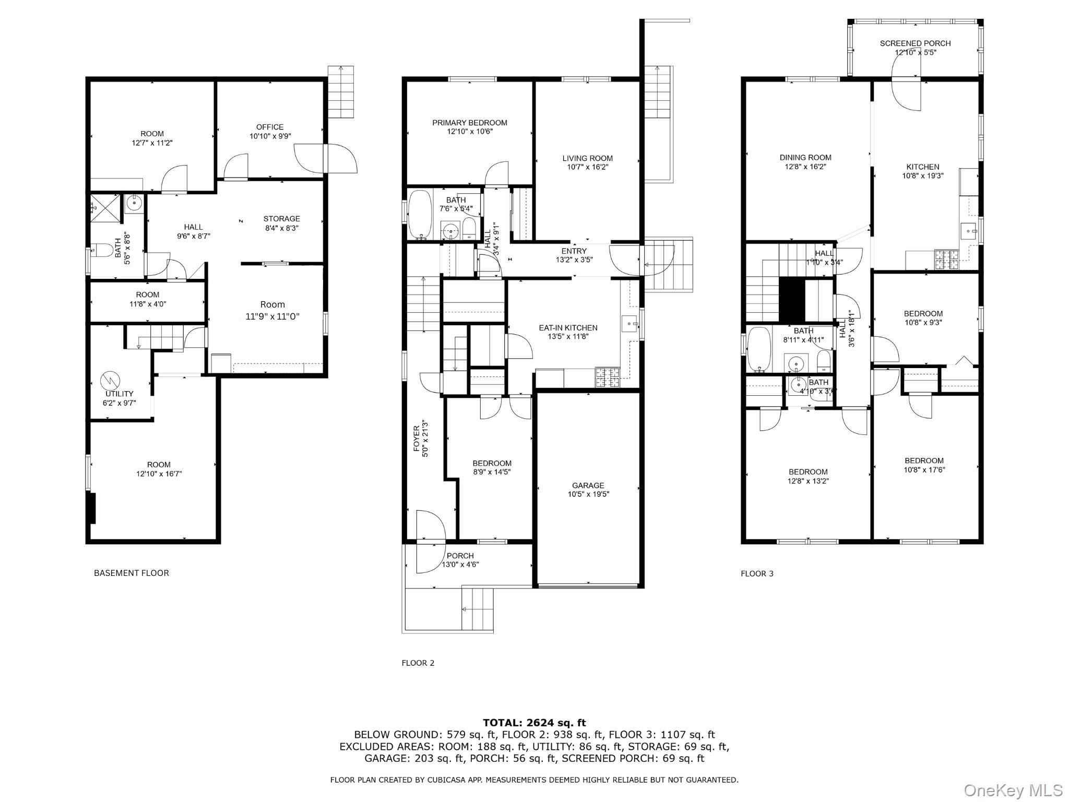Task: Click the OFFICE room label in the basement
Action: coord(270,127)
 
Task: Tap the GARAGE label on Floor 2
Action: coord(588,485)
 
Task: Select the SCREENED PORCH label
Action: coord(915,43)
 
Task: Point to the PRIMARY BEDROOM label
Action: coord(469,123)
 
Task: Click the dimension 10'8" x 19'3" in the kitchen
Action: coord(923,176)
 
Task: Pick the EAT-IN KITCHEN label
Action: coord(568,328)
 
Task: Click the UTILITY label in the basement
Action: coord(120,394)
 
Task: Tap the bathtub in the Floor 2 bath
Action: coord(420,214)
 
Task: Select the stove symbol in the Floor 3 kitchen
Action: coord(943,260)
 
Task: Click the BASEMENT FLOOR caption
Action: coord(132,573)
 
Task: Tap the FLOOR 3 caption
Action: coord(757,573)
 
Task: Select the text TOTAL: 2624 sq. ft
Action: coord(534,723)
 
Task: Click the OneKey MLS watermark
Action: coord(1013,790)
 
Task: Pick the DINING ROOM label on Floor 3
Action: coord(805,157)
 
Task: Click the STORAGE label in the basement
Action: coord(281,219)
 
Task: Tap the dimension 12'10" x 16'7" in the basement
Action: coord(159,474)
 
